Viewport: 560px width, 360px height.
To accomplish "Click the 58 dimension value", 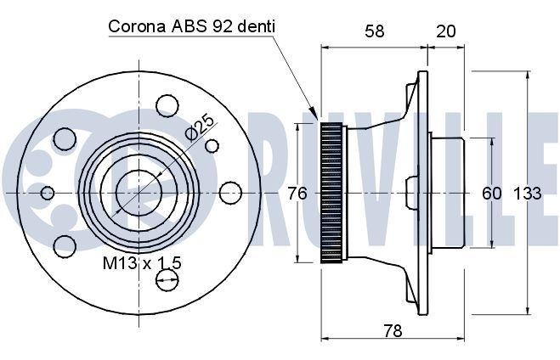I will [375, 31].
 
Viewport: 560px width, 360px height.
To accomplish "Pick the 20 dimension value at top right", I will [445, 31].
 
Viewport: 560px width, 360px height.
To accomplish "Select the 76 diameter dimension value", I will [297, 194].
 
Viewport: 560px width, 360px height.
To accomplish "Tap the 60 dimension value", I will [492, 194].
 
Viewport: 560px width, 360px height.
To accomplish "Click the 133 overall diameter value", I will [527, 194].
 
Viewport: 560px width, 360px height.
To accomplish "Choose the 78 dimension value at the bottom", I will [393, 330].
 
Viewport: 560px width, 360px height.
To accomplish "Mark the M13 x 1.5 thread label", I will [142, 263].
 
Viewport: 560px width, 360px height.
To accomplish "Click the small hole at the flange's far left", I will [48, 193].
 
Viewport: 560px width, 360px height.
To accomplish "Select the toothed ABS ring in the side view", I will [331, 193].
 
